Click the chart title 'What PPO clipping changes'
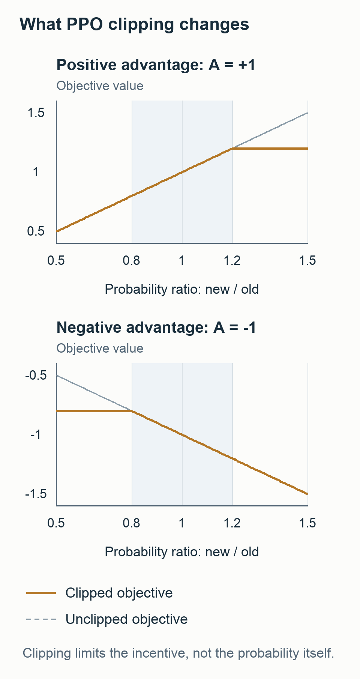click(134, 24)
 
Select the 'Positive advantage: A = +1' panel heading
click(156, 65)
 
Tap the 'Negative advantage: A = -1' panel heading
click(156, 327)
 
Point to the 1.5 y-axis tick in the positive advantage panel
click(36, 113)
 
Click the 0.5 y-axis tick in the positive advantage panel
click(36, 231)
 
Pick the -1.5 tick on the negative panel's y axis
click(36, 494)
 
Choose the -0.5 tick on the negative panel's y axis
click(36, 375)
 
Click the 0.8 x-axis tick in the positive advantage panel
click(132, 260)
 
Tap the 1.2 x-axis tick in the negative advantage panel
click(232, 523)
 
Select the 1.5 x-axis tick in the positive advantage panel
click(307, 260)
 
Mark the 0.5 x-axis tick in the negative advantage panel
click(56, 523)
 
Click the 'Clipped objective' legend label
click(119, 593)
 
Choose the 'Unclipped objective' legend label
click(127, 619)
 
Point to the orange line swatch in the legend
click(41, 593)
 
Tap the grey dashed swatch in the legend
click(41, 619)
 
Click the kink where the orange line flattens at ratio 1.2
click(232, 149)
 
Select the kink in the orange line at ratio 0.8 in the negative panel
click(132, 412)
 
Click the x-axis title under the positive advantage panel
click(182, 290)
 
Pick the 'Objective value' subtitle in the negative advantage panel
click(100, 349)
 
